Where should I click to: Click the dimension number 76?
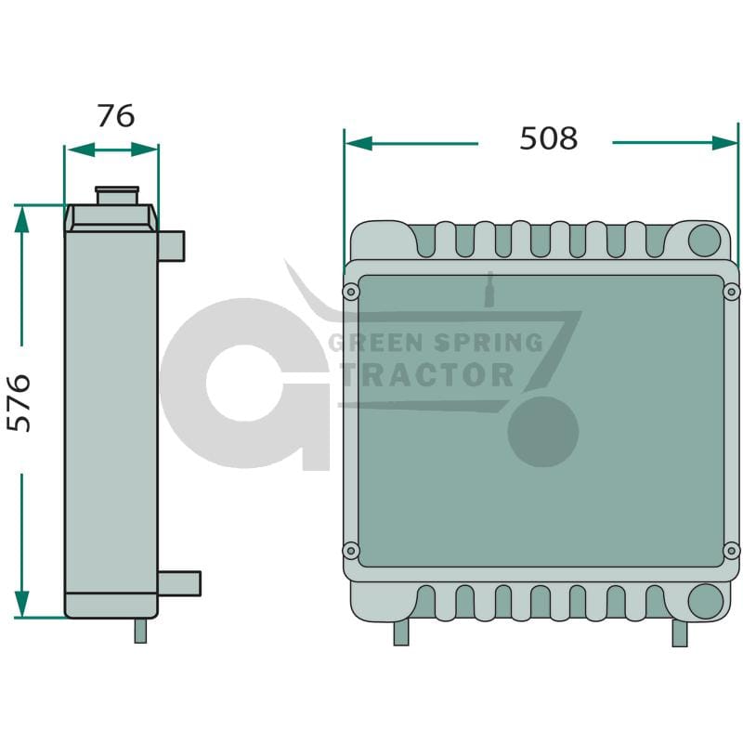(x=115, y=116)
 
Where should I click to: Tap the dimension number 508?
(x=549, y=138)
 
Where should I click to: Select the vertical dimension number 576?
(x=19, y=403)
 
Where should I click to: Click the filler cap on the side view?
(x=117, y=195)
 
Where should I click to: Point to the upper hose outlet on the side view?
(x=171, y=246)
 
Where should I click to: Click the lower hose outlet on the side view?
(x=179, y=583)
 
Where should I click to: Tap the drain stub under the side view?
(x=141, y=631)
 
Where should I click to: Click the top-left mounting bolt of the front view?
(x=351, y=292)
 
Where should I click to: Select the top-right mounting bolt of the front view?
(x=731, y=292)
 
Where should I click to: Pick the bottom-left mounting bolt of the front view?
(x=351, y=550)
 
